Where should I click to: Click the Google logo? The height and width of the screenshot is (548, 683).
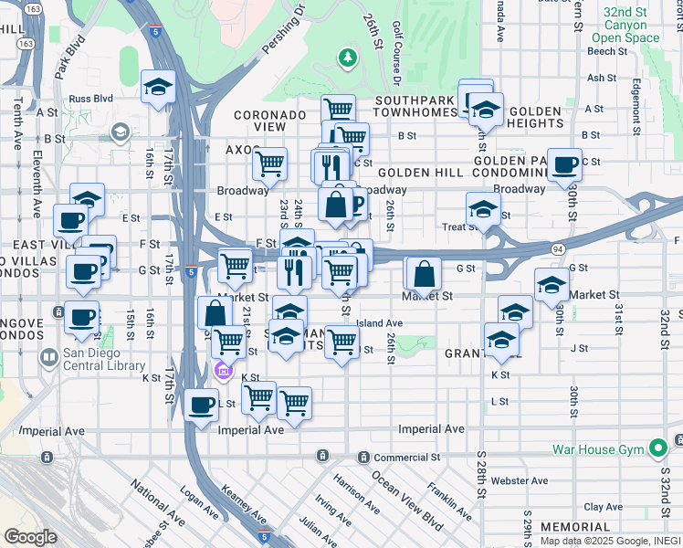(30, 537)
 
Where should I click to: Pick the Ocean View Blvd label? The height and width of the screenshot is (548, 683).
(406, 501)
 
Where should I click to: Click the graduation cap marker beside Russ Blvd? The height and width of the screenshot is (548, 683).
(158, 88)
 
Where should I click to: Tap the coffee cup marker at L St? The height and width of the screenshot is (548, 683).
(201, 406)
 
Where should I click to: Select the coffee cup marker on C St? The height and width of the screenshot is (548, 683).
(565, 164)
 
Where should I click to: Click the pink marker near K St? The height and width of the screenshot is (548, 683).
(221, 371)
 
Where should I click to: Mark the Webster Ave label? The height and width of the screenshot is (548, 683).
(519, 480)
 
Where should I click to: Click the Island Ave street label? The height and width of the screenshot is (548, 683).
(379, 322)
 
